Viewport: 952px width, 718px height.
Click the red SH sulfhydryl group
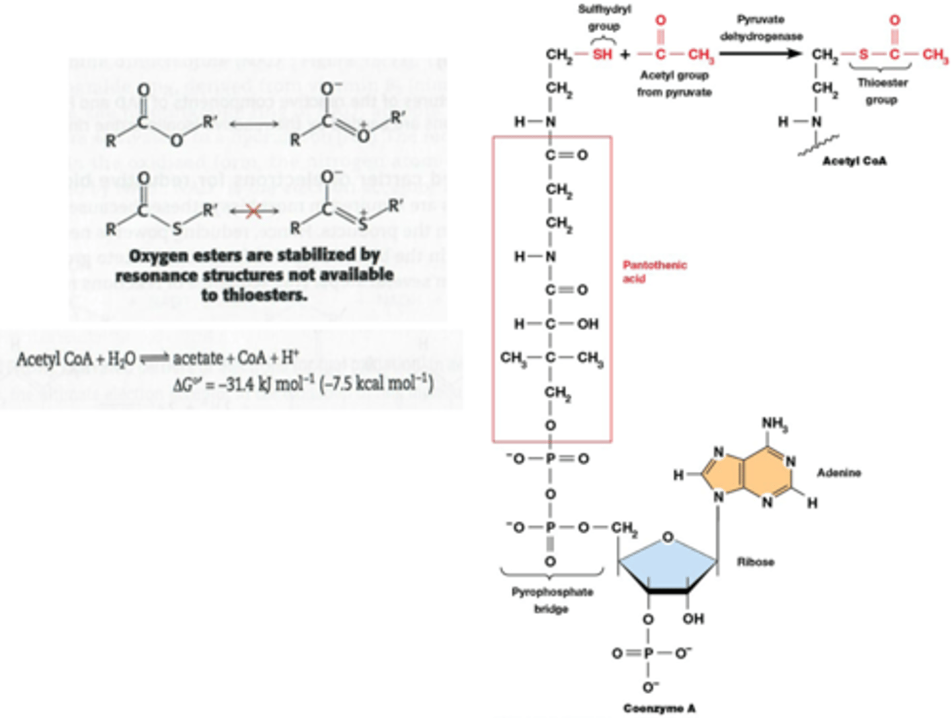(602, 54)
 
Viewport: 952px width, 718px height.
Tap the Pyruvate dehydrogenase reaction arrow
(760, 54)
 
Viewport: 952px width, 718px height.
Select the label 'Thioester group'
(882, 91)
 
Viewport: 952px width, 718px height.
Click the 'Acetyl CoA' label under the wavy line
(854, 161)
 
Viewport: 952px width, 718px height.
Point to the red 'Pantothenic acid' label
(654, 271)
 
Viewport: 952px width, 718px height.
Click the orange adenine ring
(747, 473)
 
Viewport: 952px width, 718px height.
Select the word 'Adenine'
(839, 472)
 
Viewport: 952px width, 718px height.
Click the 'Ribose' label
(756, 562)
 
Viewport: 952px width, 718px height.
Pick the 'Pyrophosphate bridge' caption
(552, 600)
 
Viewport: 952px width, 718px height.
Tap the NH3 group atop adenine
(774, 424)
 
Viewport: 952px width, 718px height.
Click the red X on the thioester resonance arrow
(253, 212)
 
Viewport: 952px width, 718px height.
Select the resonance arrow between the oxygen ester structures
(254, 124)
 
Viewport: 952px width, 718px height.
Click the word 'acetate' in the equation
(198, 359)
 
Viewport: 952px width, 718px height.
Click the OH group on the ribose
(693, 619)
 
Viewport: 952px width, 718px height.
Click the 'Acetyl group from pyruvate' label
(674, 84)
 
